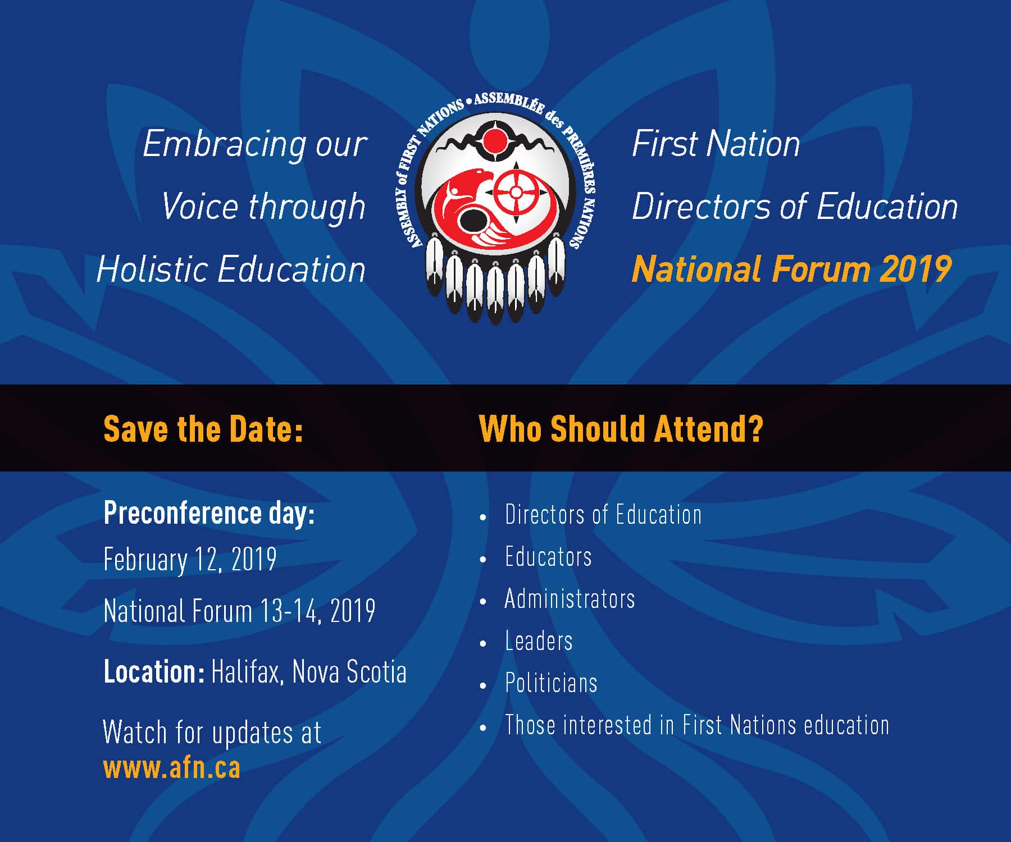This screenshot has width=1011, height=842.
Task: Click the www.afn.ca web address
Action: [172, 768]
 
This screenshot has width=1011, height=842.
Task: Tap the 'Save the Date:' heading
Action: [203, 429]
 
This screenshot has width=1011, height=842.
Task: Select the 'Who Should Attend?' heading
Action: [621, 429]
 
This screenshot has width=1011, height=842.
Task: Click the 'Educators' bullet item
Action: [548, 557]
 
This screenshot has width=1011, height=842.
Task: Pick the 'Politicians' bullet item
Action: [551, 683]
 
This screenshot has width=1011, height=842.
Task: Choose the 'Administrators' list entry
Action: [570, 599]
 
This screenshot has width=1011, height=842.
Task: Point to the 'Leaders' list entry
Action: [539, 641]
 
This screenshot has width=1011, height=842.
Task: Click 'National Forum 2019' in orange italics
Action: [791, 269]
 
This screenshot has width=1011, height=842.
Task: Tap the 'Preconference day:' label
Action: [209, 513]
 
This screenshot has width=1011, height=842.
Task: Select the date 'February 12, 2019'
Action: [190, 560]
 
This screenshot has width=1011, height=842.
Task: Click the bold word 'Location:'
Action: [154, 671]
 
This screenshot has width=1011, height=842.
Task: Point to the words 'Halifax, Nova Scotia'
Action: [309, 672]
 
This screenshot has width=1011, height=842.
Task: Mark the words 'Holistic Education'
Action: [231, 269]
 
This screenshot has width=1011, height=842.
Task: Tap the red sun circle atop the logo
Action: [495, 141]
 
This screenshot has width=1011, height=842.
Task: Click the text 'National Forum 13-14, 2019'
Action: [239, 611]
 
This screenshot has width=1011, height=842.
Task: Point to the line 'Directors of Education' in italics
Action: [795, 207]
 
